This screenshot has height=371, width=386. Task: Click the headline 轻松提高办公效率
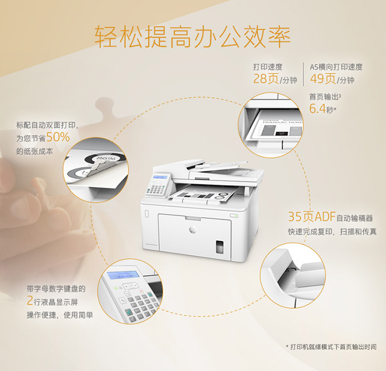click(x=192, y=37)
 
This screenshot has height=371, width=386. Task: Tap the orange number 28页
click(x=266, y=79)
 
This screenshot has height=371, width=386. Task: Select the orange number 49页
click(x=323, y=79)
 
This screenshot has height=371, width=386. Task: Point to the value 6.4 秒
click(x=320, y=109)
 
